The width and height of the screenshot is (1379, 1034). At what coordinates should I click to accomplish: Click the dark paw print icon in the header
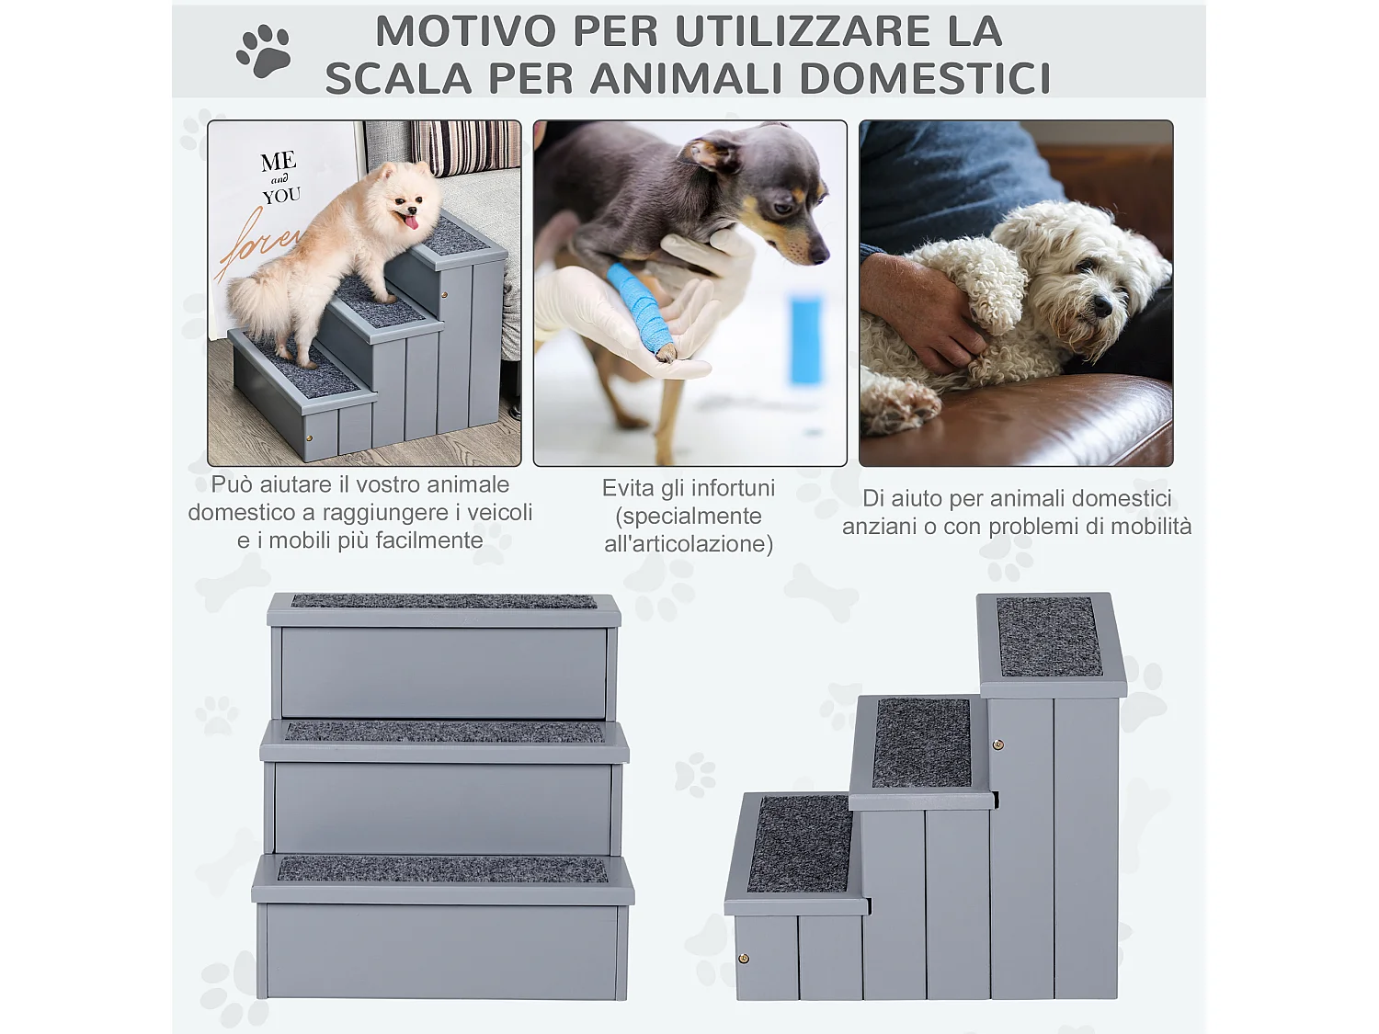pyautogui.click(x=264, y=51)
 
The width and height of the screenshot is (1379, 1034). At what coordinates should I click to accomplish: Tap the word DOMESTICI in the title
pyautogui.click(x=925, y=78)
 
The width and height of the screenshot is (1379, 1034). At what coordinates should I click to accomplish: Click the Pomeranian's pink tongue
pyautogui.click(x=411, y=222)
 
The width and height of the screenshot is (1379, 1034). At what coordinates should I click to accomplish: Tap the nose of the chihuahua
pyautogui.click(x=816, y=256)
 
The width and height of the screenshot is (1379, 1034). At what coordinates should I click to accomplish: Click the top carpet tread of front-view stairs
pyautogui.click(x=444, y=601)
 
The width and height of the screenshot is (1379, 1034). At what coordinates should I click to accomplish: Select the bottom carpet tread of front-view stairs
pyautogui.click(x=443, y=869)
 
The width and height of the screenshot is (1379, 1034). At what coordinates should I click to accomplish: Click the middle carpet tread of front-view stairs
pyautogui.click(x=444, y=732)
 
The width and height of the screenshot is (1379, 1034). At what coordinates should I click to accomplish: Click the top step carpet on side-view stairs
pyautogui.click(x=1049, y=637)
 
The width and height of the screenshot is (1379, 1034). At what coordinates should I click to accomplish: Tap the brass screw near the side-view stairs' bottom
pyautogui.click(x=744, y=959)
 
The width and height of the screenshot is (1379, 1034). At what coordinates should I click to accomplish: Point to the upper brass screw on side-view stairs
pyautogui.click(x=998, y=744)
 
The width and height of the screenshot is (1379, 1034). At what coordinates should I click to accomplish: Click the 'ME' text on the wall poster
pyautogui.click(x=278, y=162)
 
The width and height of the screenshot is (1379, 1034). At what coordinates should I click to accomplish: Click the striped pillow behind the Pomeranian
pyautogui.click(x=465, y=146)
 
